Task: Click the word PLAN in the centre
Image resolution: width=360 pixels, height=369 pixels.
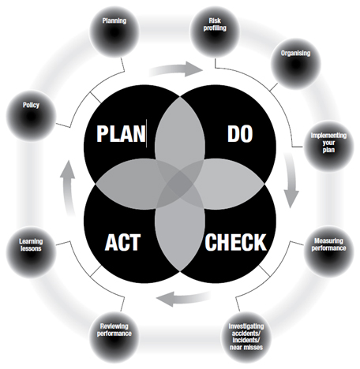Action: [121, 133]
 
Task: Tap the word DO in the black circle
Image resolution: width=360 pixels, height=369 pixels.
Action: [240, 134]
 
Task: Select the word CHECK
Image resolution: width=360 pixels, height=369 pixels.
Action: [235, 242]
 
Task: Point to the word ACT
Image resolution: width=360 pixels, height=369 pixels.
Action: [122, 242]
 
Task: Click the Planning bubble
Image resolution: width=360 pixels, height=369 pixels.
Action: [114, 32]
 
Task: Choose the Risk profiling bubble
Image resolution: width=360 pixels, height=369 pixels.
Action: [215, 32]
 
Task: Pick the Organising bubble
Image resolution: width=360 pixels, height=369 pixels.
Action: [295, 64]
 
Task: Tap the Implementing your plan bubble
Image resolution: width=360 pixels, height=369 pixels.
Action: [328, 147]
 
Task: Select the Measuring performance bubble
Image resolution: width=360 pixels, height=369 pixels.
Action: [328, 252]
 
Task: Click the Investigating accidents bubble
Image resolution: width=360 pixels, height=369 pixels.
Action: [246, 337]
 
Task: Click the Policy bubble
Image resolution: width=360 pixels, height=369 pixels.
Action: [31, 116]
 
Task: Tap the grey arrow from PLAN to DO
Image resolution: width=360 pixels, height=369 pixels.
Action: [176, 69]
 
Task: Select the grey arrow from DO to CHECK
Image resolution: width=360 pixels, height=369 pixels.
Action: [291, 181]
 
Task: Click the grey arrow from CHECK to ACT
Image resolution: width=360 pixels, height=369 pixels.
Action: [184, 299]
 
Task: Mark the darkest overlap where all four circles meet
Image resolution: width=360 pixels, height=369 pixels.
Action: [180, 184]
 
